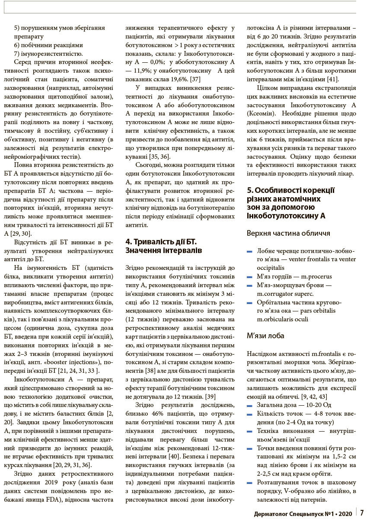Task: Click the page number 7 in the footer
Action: pyautogui.click(x=362, y=513)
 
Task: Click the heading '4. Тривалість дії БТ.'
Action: pyautogui.click(x=160, y=241)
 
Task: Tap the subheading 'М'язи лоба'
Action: pyautogui.click(x=265, y=335)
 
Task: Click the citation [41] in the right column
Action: pyautogui.click(x=332, y=79)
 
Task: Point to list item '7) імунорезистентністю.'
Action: pyautogui.click(x=48, y=54)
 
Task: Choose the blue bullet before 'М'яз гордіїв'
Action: pyautogui.click(x=249, y=277)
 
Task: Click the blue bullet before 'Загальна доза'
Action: pyautogui.click(x=249, y=406)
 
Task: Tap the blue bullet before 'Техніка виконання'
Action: pyautogui.click(x=249, y=432)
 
